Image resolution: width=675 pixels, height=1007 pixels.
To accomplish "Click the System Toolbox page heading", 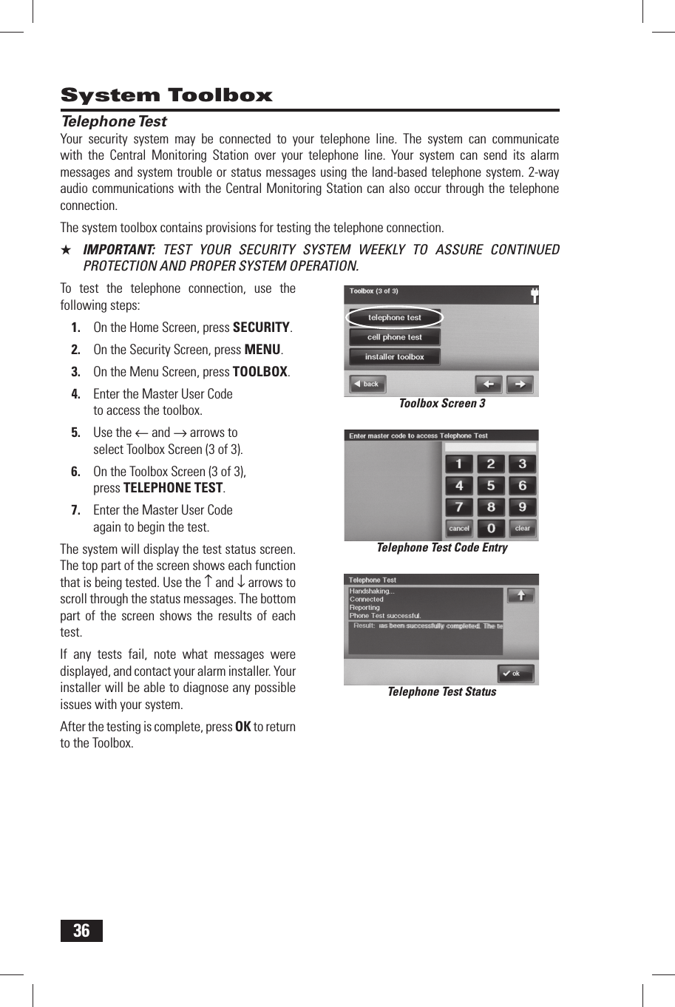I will [166, 95].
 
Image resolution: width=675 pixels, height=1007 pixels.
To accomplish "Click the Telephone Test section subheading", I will [114, 121].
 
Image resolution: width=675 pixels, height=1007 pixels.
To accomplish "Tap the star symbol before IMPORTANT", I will [66, 250].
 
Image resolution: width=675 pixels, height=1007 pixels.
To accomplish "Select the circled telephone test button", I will [395, 318].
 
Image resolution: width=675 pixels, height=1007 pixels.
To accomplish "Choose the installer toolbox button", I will [395, 357].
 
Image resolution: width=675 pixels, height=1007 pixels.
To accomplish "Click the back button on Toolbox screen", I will [367, 384].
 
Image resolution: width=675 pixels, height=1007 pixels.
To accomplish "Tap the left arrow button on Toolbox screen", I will [488, 384].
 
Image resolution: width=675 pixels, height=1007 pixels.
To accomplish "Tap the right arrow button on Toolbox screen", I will [520, 384].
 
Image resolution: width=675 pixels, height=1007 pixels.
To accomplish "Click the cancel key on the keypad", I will [459, 529].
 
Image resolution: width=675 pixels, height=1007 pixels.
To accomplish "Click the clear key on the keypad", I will [522, 529].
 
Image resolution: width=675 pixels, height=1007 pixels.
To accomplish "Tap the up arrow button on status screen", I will [520, 596].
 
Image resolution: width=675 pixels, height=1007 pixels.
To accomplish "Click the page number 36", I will [81, 931].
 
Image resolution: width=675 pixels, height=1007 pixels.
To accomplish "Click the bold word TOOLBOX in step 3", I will [260, 372].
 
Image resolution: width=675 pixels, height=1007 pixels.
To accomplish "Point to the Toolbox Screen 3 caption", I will [442, 404].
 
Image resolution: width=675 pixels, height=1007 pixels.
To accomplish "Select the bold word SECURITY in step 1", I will [261, 328].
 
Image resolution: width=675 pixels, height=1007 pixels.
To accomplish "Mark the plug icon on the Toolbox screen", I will [534, 296].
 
